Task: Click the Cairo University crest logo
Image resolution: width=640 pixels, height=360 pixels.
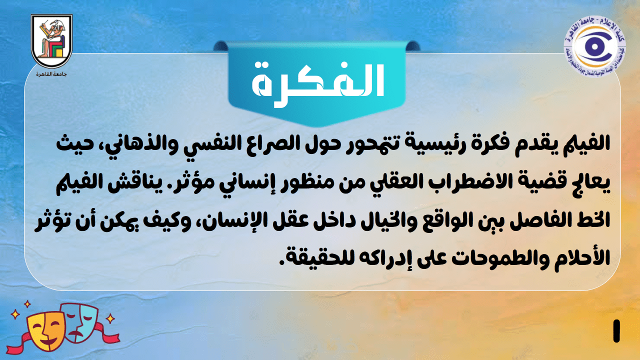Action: [x=51, y=41]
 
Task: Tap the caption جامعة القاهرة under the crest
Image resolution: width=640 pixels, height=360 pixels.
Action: [x=51, y=74]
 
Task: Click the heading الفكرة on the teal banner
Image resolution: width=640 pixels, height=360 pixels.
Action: [x=317, y=83]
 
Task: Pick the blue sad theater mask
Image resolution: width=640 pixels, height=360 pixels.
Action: [x=80, y=322]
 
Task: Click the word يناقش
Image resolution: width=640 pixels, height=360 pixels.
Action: [x=126, y=183]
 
